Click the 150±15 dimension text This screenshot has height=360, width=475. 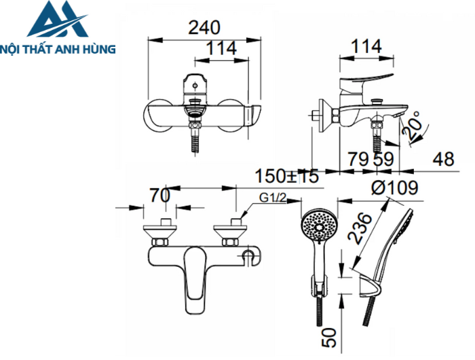pos(286,176)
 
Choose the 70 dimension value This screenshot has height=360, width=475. pos(159,196)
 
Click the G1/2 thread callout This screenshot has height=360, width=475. pos(271,198)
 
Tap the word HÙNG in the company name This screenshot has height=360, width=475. pos(98,49)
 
